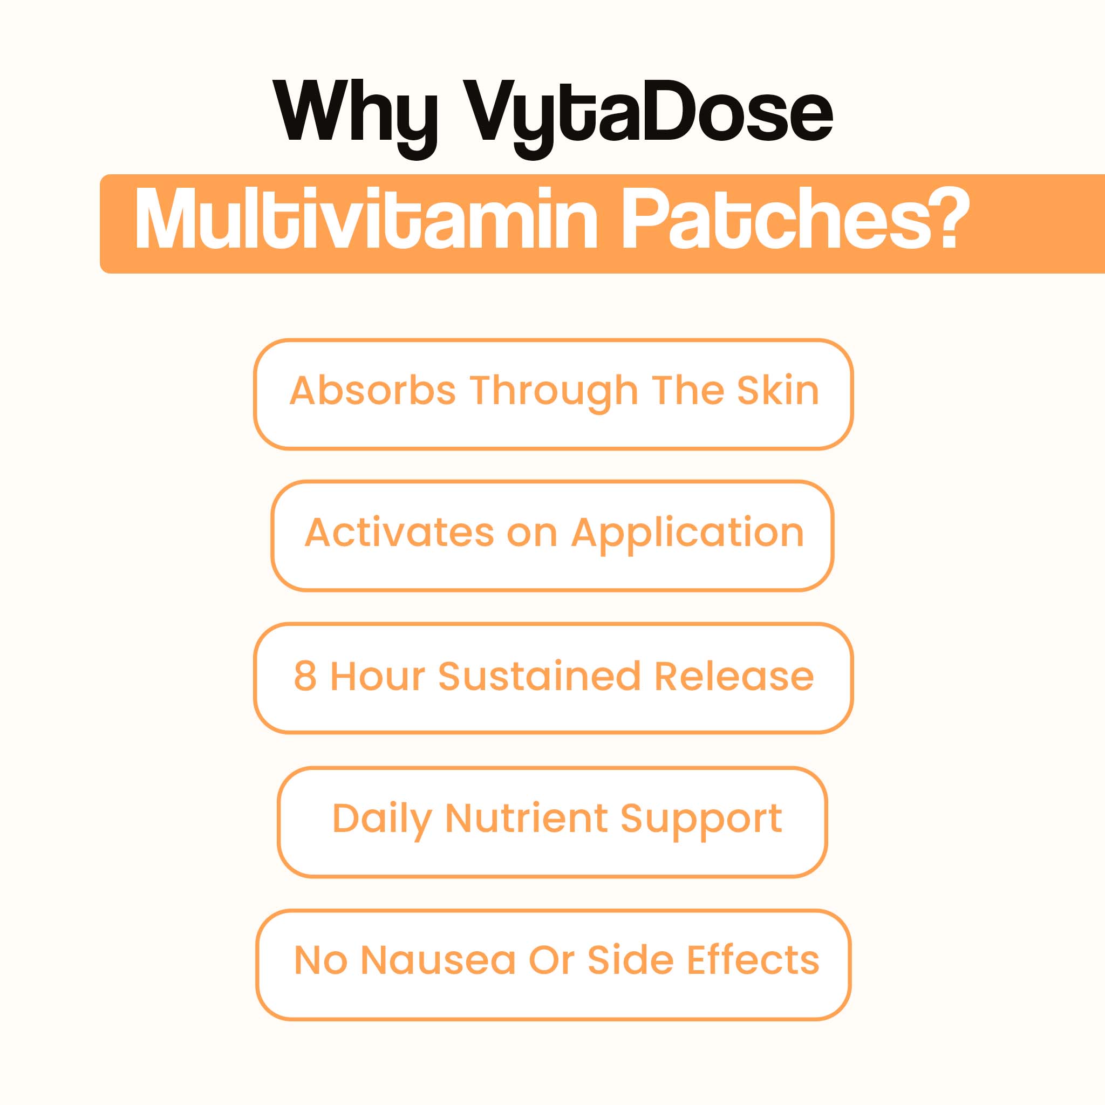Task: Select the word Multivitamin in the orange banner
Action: tap(366, 219)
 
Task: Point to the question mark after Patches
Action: tap(953, 219)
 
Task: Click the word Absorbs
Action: tap(373, 390)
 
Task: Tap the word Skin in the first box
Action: tap(778, 390)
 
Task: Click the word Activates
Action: tap(399, 533)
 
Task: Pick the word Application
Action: tap(687, 536)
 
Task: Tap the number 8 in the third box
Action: tap(305, 676)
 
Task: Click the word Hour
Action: tap(378, 676)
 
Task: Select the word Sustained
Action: tap(539, 676)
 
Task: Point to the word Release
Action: tap(734, 676)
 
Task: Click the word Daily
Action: tap(382, 821)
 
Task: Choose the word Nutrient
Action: tap(526, 818)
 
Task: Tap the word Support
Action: tap(701, 821)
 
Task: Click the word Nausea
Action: tap(438, 960)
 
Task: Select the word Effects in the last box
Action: tap(753, 959)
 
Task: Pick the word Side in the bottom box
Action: tap(630, 959)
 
